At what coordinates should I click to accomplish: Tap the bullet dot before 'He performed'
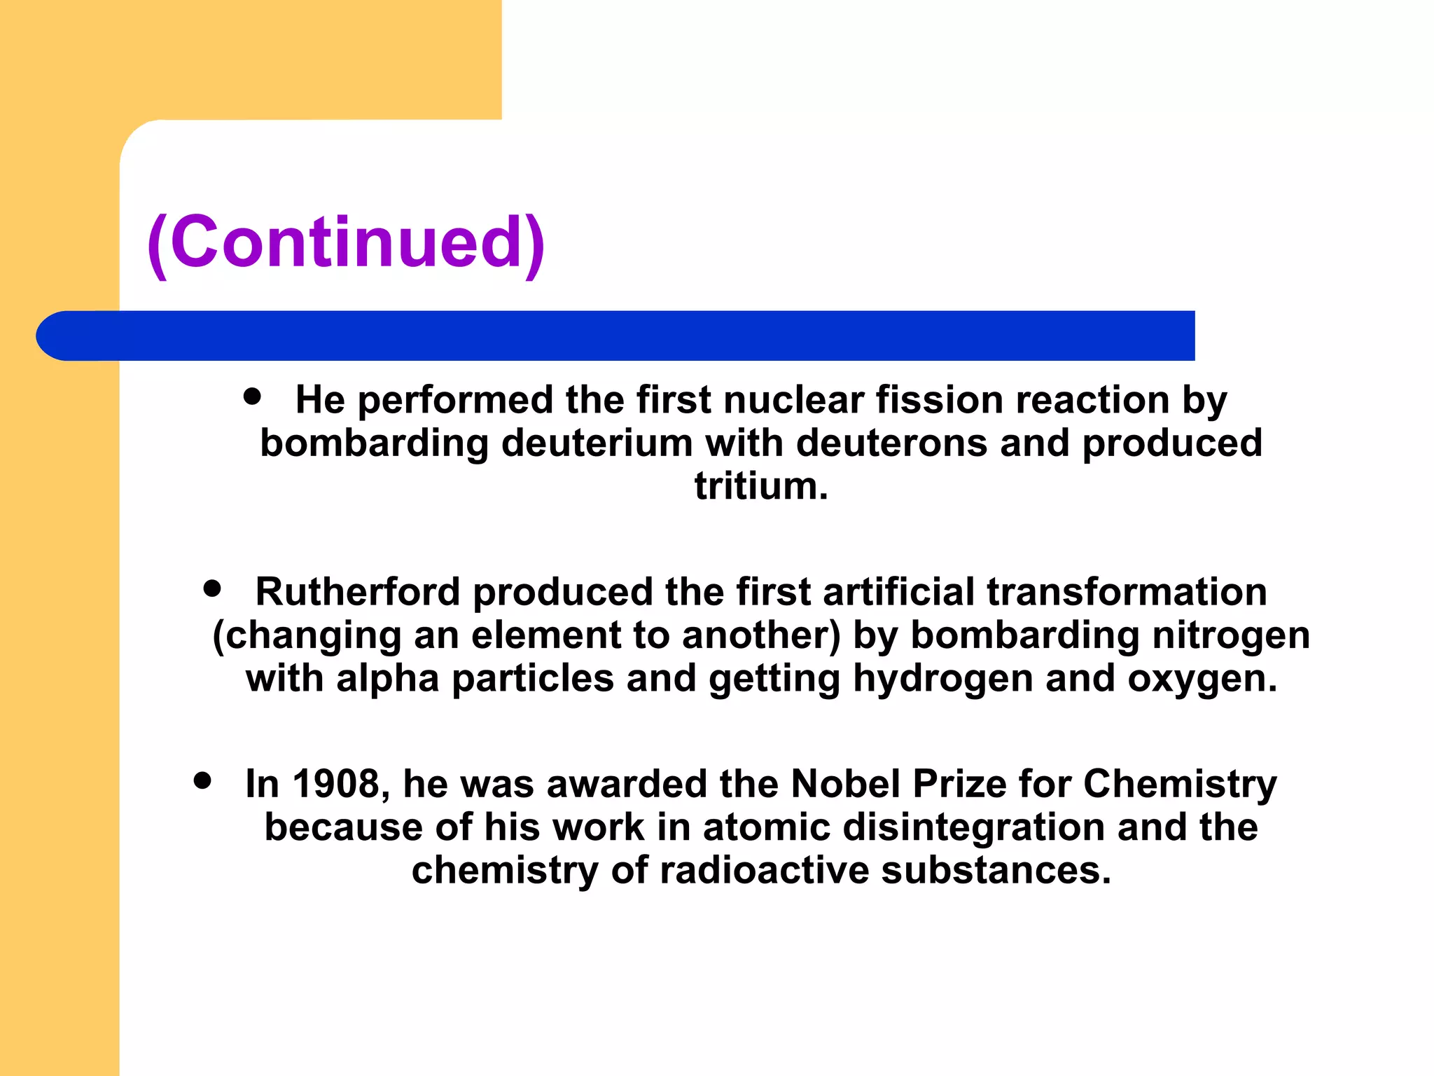click(x=252, y=396)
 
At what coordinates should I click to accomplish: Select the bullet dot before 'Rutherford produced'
click(x=212, y=588)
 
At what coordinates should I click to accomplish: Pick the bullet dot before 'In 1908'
click(x=202, y=780)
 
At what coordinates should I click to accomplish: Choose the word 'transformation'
click(x=1127, y=592)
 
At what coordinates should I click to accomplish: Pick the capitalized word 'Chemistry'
click(x=1180, y=784)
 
